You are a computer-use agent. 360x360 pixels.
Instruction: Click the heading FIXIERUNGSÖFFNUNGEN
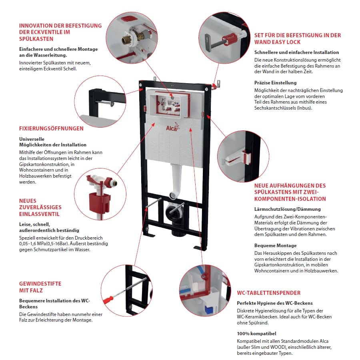tap(51, 128)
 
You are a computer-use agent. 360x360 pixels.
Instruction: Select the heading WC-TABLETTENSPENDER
tap(268, 293)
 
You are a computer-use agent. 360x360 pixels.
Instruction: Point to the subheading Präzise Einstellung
tap(276, 83)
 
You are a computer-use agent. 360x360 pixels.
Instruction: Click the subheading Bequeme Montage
tap(276, 246)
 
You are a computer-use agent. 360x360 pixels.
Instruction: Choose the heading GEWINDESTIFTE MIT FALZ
tap(40, 287)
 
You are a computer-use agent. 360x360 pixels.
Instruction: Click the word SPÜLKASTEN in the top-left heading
tap(36, 39)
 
